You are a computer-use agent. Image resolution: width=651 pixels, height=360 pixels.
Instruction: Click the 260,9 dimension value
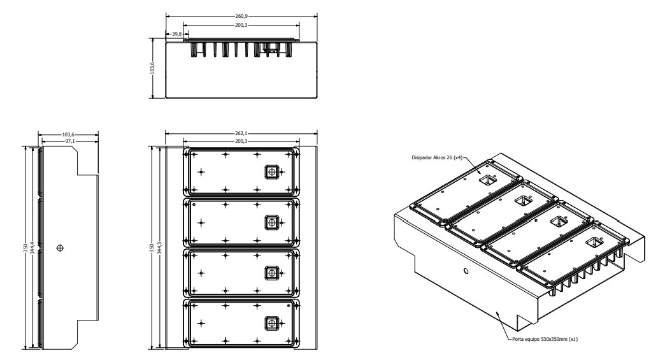click(241, 16)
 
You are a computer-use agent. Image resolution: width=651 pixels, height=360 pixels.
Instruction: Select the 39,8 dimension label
click(177, 34)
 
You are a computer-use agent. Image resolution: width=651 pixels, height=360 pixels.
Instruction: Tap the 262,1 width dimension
click(241, 133)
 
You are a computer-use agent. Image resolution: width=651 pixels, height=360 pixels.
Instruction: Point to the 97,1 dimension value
click(70, 141)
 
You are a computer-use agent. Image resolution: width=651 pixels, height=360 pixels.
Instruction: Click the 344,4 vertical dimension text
click(32, 247)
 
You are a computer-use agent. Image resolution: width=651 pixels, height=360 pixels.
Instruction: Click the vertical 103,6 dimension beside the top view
click(152, 68)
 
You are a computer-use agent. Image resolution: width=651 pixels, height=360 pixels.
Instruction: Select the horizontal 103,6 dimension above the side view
click(68, 134)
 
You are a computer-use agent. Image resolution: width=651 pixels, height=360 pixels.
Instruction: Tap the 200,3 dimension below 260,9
click(241, 25)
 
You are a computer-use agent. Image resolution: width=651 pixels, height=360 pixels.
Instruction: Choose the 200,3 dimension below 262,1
click(241, 141)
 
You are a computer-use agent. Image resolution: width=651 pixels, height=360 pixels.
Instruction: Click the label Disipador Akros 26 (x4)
click(436, 158)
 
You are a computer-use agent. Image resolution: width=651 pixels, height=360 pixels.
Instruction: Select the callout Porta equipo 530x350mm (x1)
click(545, 339)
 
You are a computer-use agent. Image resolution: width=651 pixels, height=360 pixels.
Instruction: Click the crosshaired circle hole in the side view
click(61, 248)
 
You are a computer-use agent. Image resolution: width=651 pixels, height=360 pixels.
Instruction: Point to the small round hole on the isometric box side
click(466, 271)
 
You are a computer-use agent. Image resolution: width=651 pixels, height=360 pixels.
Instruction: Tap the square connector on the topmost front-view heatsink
click(271, 171)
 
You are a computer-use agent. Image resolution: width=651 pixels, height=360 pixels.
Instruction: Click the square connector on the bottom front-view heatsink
click(271, 323)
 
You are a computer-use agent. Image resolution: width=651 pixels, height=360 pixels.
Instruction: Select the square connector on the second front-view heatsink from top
click(271, 222)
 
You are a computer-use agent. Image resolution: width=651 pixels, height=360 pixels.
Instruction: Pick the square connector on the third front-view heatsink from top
click(271, 273)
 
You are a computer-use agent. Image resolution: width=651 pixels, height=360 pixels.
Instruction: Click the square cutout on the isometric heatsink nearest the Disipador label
click(488, 180)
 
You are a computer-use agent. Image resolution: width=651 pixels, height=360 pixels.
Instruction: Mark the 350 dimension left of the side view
click(25, 247)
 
